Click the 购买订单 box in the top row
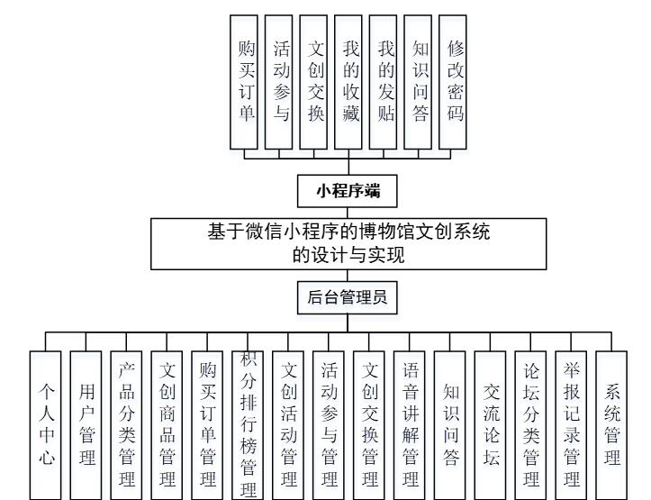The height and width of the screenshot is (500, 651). pyautogui.click(x=246, y=81)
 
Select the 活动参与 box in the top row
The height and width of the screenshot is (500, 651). pyautogui.click(x=280, y=81)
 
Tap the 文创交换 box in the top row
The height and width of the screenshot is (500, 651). pyautogui.click(x=314, y=81)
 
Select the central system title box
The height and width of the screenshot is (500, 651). pyautogui.click(x=349, y=241)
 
